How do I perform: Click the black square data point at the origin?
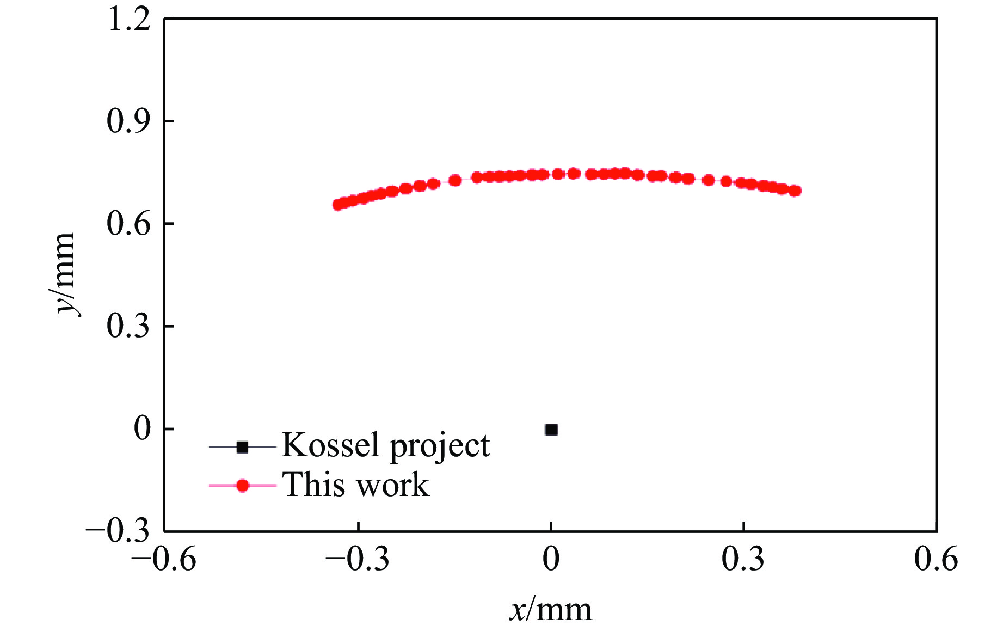pos(551,430)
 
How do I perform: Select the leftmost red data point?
pos(337,205)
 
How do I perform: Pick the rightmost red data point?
pos(795,191)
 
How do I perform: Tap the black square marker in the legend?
pos(242,447)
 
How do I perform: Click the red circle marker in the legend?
pos(242,485)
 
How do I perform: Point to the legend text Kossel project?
pos(385,446)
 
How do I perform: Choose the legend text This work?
pos(356,484)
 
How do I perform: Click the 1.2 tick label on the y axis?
pos(129,20)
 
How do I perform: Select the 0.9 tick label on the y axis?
pos(128,121)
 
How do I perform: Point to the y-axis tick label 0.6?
pos(128,223)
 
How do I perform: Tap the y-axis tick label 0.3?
pos(128,326)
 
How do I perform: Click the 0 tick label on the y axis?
pos(142,428)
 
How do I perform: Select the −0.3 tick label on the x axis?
pos(358,559)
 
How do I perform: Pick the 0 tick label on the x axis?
pos(551,559)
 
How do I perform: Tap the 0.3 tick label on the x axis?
pos(743,559)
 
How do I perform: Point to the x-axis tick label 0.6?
pos(936,559)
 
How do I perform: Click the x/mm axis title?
pos(550,610)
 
